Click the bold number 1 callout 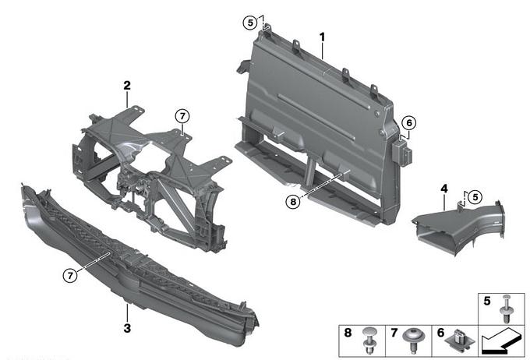(x=322, y=37)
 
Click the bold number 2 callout (x=127, y=86)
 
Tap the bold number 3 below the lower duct (x=127, y=328)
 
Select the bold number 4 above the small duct (x=444, y=189)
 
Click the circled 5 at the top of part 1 (x=250, y=23)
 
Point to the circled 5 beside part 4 (x=475, y=196)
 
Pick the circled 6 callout (x=409, y=122)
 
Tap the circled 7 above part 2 (x=182, y=116)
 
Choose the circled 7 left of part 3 (x=70, y=276)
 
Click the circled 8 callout (x=293, y=202)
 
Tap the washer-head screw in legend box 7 (x=412, y=340)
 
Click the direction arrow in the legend (x=501, y=342)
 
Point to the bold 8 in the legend (x=348, y=333)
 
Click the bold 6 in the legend (x=440, y=333)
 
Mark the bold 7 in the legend (x=394, y=333)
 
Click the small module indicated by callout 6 (x=402, y=153)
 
